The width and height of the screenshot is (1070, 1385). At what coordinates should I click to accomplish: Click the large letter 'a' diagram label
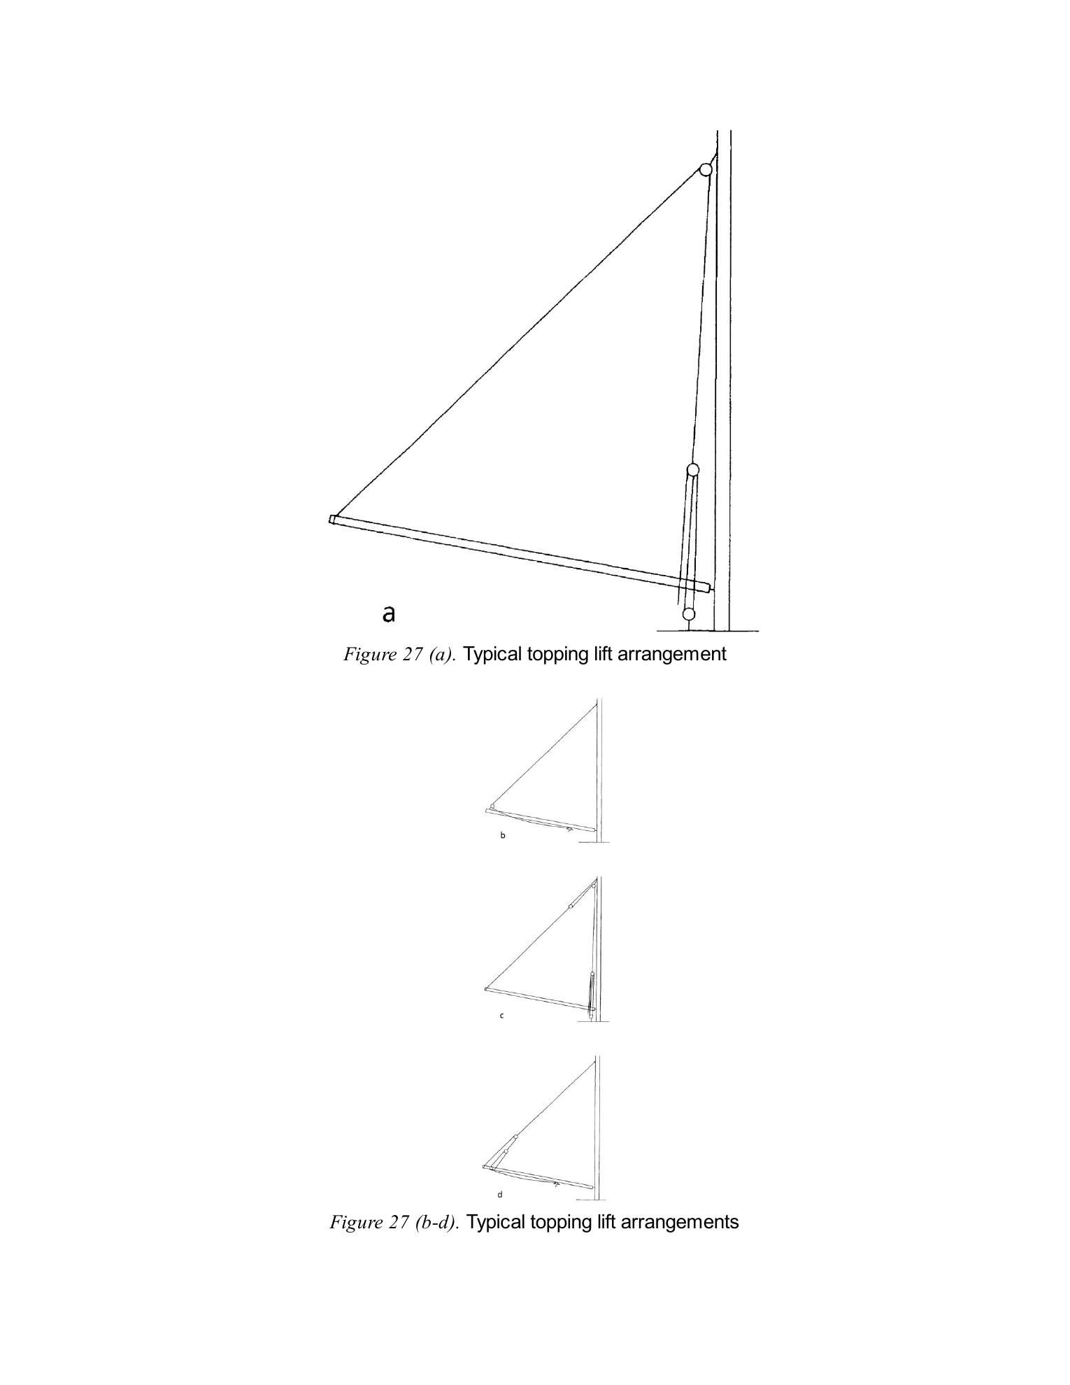coord(389,614)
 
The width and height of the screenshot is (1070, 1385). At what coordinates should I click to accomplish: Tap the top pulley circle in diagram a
coord(706,169)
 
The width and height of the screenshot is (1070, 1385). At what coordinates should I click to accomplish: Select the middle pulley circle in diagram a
coord(693,469)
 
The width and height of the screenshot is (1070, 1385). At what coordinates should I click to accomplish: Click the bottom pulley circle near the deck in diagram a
coord(689,614)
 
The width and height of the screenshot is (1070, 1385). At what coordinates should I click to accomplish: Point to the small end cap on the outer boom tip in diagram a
coord(333,519)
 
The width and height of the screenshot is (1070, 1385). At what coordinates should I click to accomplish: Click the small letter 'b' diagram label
coord(502,835)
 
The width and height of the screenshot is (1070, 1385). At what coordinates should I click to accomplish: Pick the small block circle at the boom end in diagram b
coord(492,807)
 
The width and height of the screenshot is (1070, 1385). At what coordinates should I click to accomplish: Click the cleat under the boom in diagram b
coord(569,830)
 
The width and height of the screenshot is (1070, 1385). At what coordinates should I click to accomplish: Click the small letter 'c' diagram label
coord(501,1016)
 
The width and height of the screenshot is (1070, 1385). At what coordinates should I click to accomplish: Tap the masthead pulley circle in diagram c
coord(594,887)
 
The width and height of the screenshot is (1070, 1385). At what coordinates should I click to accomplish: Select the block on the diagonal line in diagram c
coord(571,906)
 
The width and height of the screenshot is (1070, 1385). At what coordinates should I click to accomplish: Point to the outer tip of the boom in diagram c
coord(486,989)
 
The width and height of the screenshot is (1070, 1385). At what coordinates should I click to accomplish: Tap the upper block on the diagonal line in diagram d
coord(516,1138)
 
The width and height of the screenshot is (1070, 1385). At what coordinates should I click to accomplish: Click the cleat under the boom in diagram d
coord(556,1184)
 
